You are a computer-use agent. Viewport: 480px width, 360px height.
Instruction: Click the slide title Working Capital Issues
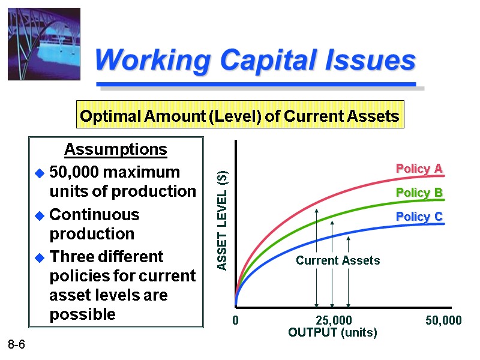point(255,61)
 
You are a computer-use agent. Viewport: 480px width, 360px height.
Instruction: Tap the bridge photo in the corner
point(44,44)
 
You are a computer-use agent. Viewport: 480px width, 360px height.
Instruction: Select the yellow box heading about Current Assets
point(239,116)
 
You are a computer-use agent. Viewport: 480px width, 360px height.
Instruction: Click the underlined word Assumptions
point(115,149)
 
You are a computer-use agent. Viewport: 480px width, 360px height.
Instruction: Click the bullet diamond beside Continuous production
point(40,215)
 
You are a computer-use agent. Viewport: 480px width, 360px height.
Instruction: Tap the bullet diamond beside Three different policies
point(40,257)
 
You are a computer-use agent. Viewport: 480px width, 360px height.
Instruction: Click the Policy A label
point(419,169)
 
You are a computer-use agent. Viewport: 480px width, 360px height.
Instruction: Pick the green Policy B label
point(419,193)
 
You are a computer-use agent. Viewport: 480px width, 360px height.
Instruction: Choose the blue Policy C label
point(419,217)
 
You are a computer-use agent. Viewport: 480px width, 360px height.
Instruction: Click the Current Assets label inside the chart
point(338,260)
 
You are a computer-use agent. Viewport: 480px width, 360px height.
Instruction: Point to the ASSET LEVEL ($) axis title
point(222,220)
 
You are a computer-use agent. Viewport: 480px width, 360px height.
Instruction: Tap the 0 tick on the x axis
point(235,321)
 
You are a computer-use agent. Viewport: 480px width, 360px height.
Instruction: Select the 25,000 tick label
point(334,321)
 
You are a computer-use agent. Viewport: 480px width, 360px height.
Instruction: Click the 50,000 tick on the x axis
point(443,321)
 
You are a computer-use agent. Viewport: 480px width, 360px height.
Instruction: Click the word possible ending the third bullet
point(82,314)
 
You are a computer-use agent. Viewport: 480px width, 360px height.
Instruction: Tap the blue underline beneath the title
point(256,83)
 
